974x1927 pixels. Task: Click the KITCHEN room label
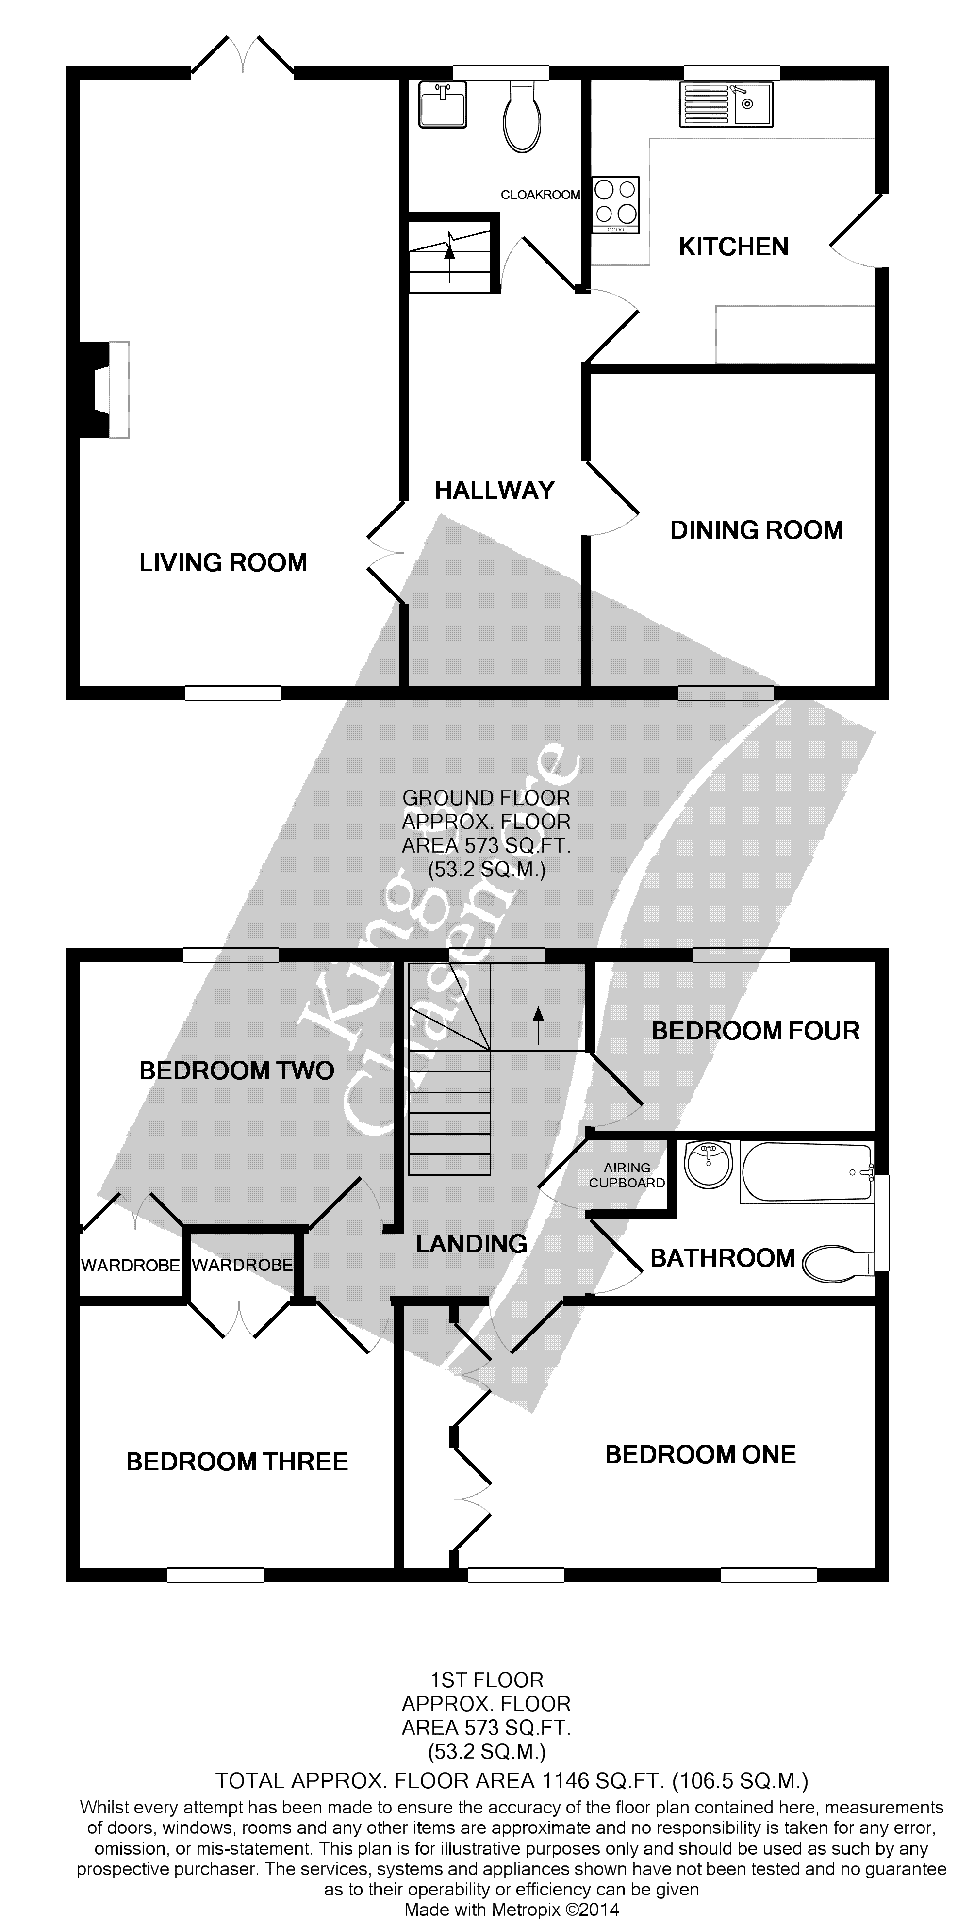tap(733, 247)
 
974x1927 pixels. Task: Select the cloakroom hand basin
tap(442, 104)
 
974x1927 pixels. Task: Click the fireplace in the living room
tap(105, 389)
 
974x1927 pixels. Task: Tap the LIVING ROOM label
tap(223, 562)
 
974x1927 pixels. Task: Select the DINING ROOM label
tap(756, 530)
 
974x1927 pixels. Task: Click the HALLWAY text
tap(495, 491)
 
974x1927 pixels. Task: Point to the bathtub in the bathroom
tap(807, 1172)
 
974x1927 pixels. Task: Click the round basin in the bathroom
tap(708, 1165)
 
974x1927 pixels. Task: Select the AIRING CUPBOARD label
tap(627, 1175)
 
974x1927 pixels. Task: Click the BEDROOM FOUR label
tap(756, 1031)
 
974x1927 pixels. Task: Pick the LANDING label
tap(471, 1244)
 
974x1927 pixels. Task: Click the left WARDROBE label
tap(130, 1265)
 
